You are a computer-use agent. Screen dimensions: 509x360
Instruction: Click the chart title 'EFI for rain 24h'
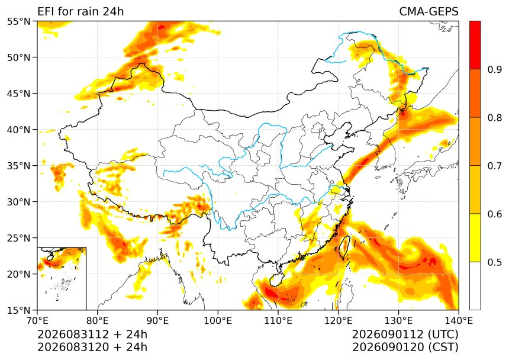80,11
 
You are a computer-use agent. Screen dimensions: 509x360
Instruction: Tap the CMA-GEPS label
429,11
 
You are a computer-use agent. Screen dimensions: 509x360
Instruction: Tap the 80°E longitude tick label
98,321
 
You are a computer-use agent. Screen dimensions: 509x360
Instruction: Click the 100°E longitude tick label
218,321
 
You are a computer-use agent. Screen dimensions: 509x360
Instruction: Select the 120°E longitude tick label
339,321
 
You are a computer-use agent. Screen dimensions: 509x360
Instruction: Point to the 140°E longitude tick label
458,321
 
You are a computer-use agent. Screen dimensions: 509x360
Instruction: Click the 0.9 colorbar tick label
494,69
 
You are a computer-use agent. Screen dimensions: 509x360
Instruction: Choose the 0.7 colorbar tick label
494,166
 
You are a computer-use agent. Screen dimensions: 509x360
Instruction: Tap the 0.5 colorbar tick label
494,262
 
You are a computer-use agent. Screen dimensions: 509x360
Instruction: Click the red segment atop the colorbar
475,45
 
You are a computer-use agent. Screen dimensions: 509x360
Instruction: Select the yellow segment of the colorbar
475,237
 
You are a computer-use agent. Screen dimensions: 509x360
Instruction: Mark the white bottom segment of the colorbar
475,285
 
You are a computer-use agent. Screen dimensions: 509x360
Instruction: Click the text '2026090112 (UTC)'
405,335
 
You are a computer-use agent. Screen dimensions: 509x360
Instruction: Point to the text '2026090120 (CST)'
405,347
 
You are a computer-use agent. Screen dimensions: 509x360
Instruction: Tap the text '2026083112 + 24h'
92,335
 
